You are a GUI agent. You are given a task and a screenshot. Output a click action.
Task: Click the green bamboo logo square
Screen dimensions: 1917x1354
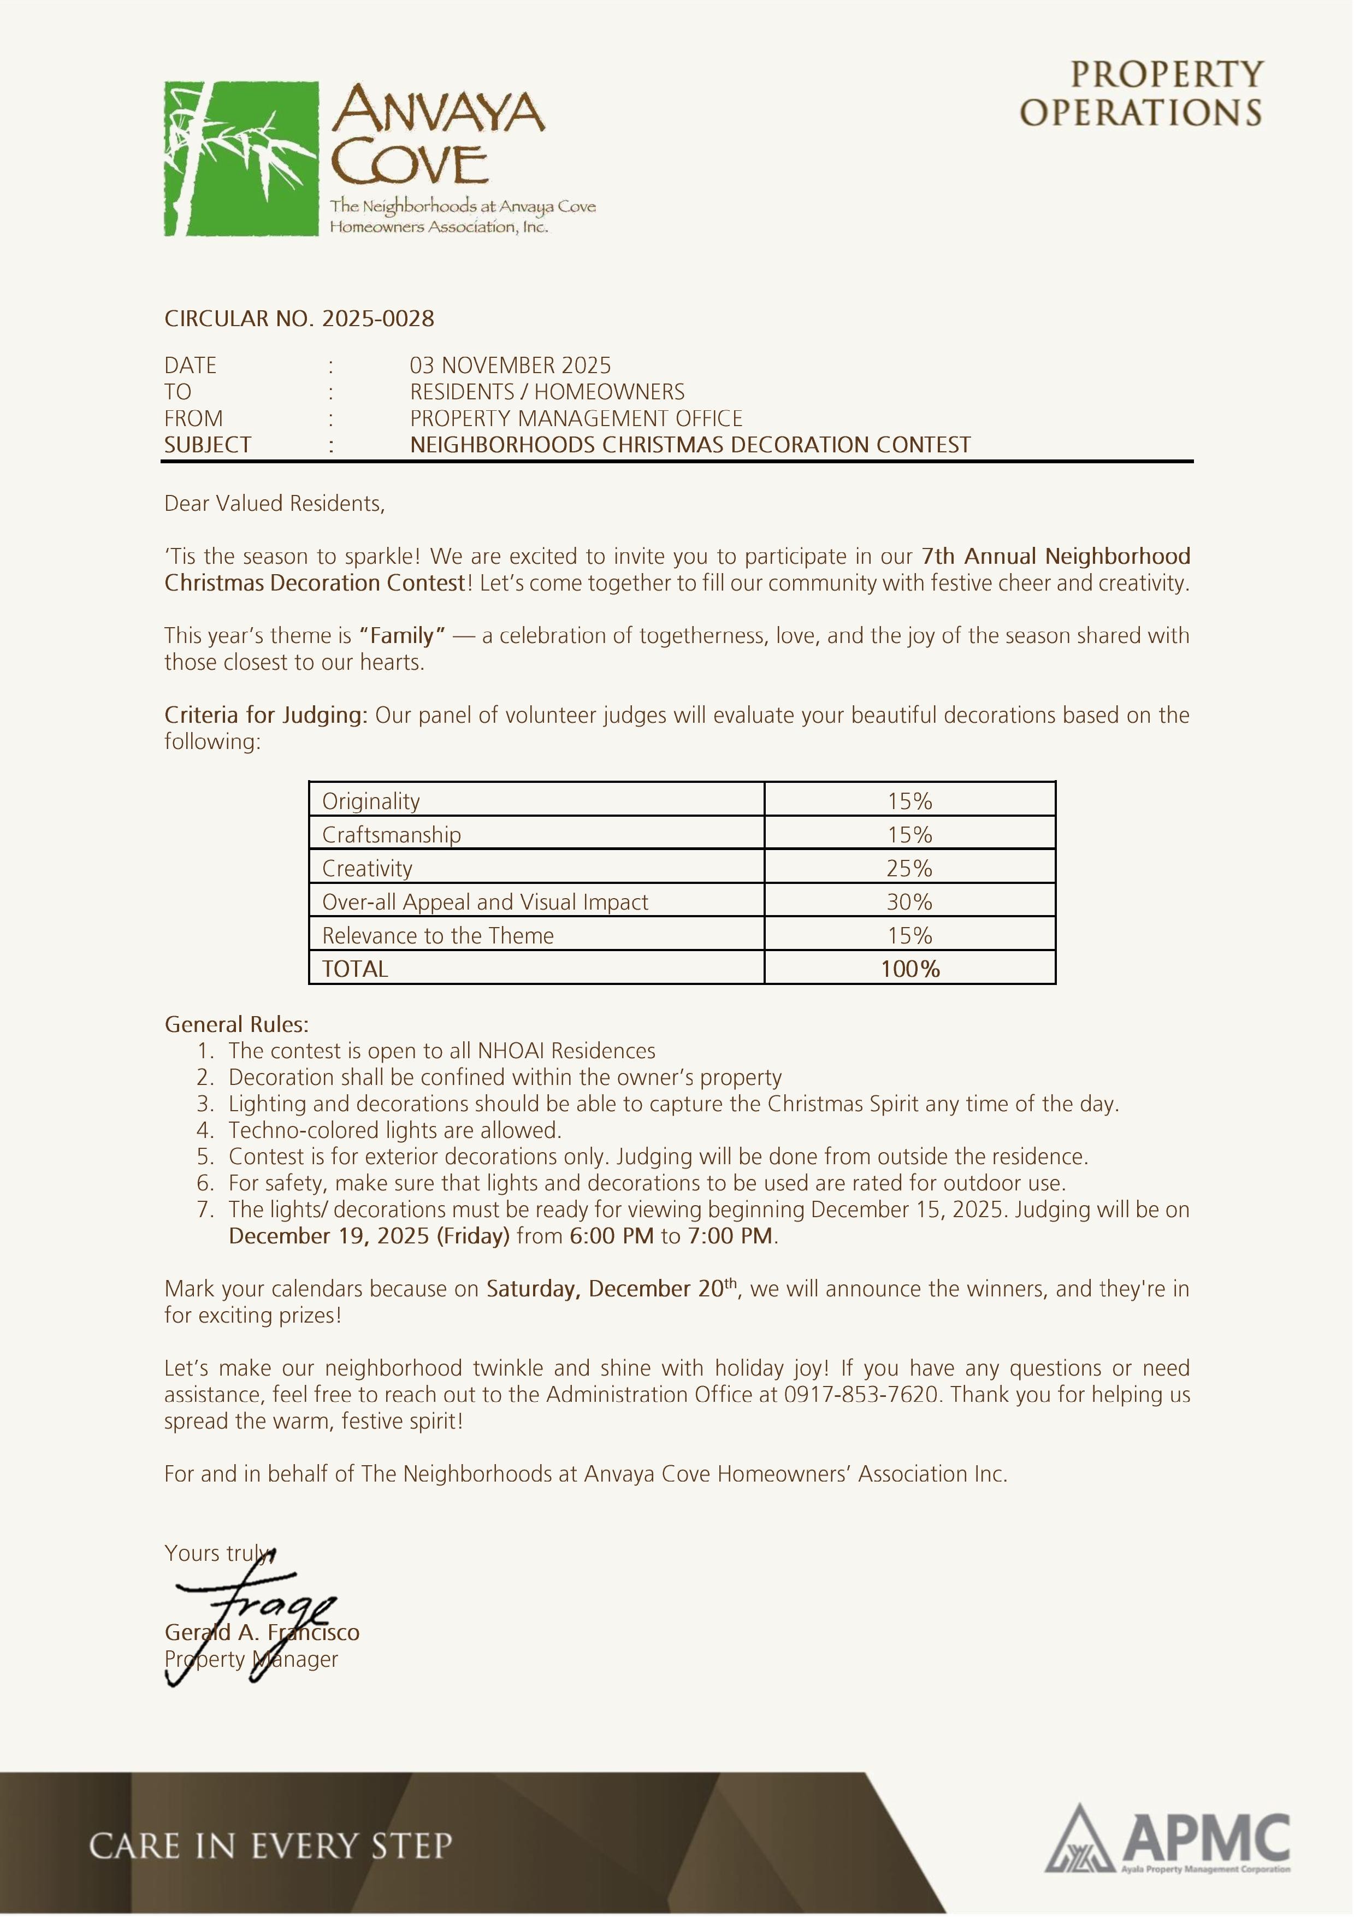240,158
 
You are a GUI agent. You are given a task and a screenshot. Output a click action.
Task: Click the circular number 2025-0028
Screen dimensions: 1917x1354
378,319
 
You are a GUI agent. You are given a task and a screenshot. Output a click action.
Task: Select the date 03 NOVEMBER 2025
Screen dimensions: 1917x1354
510,365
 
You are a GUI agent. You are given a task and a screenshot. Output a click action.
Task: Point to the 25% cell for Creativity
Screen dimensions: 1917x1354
909,868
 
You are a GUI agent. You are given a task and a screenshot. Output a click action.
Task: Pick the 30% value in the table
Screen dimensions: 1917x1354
909,902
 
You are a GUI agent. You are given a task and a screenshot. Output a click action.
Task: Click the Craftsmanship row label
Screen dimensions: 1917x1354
392,835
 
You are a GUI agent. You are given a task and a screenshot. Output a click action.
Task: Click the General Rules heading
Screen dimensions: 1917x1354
236,1024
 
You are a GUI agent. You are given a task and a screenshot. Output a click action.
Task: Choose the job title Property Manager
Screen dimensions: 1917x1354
251,1660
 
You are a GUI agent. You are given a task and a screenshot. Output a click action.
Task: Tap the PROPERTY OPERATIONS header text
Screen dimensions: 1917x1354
1141,93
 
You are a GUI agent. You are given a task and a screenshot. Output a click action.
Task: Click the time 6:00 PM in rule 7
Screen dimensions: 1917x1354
611,1236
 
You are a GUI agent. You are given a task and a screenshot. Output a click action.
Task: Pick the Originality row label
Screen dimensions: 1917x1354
371,801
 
